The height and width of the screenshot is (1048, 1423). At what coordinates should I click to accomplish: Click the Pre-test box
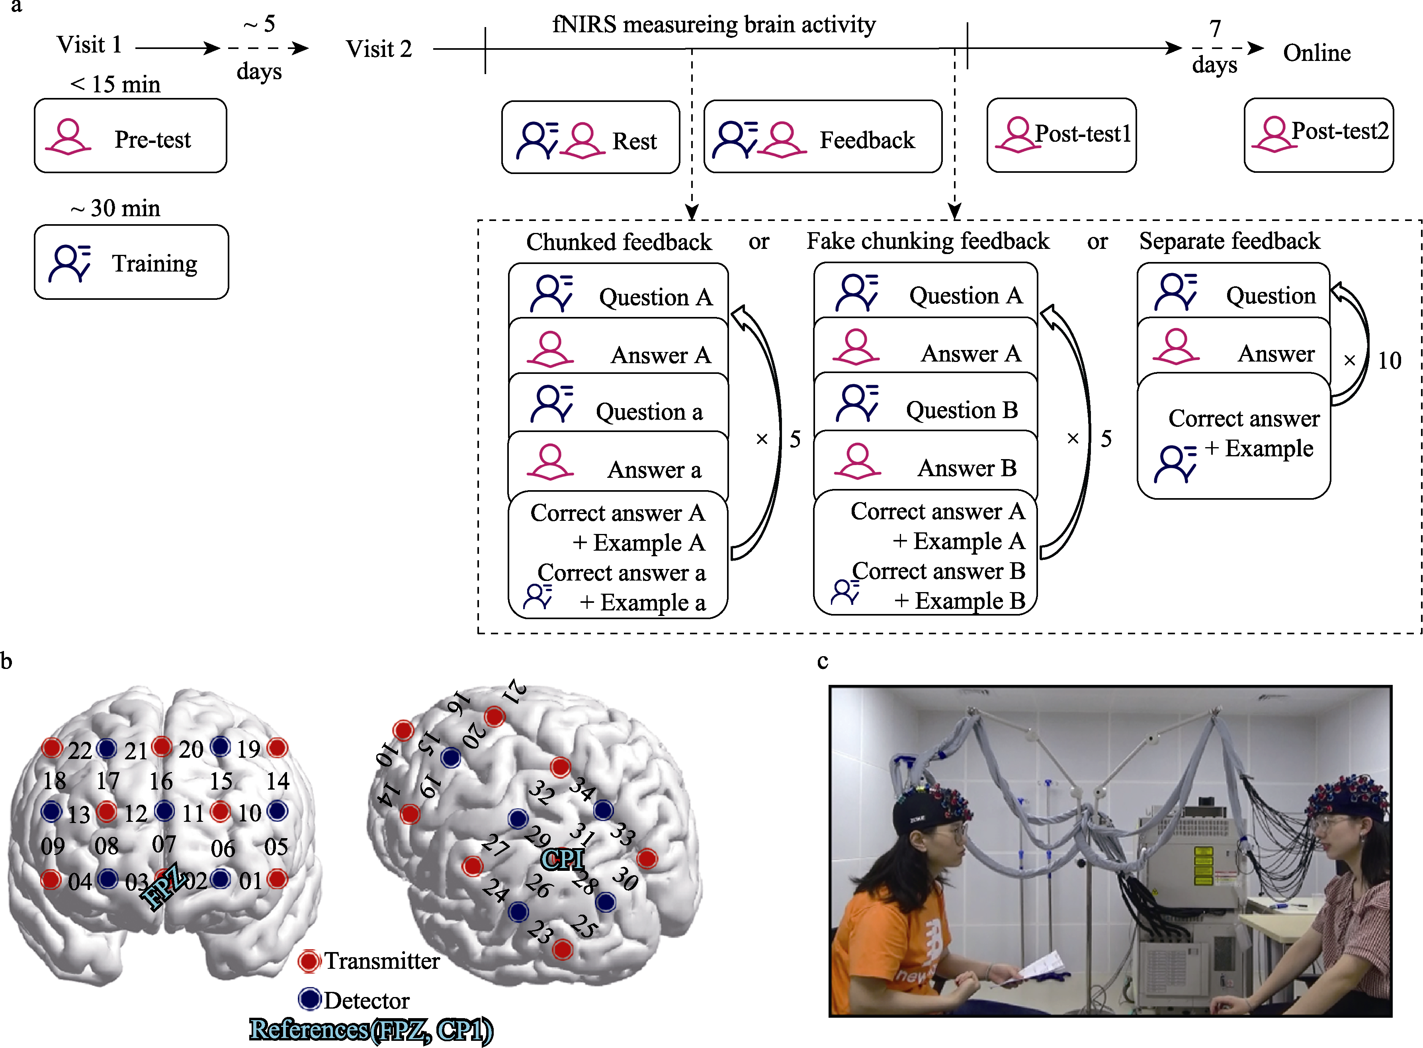tap(130, 136)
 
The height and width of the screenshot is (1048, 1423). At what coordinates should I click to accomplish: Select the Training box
tap(131, 262)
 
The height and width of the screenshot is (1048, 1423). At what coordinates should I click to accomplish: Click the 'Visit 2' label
tap(379, 49)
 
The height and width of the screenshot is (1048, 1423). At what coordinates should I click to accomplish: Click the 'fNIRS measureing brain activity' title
tap(714, 25)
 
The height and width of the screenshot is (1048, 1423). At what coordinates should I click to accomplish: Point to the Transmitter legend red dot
tap(309, 961)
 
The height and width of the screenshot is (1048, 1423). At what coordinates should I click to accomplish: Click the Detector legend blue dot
tap(310, 999)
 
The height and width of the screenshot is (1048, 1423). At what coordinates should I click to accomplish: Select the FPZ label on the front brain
tap(164, 886)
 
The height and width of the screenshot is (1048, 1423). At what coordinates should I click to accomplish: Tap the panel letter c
tap(822, 662)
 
